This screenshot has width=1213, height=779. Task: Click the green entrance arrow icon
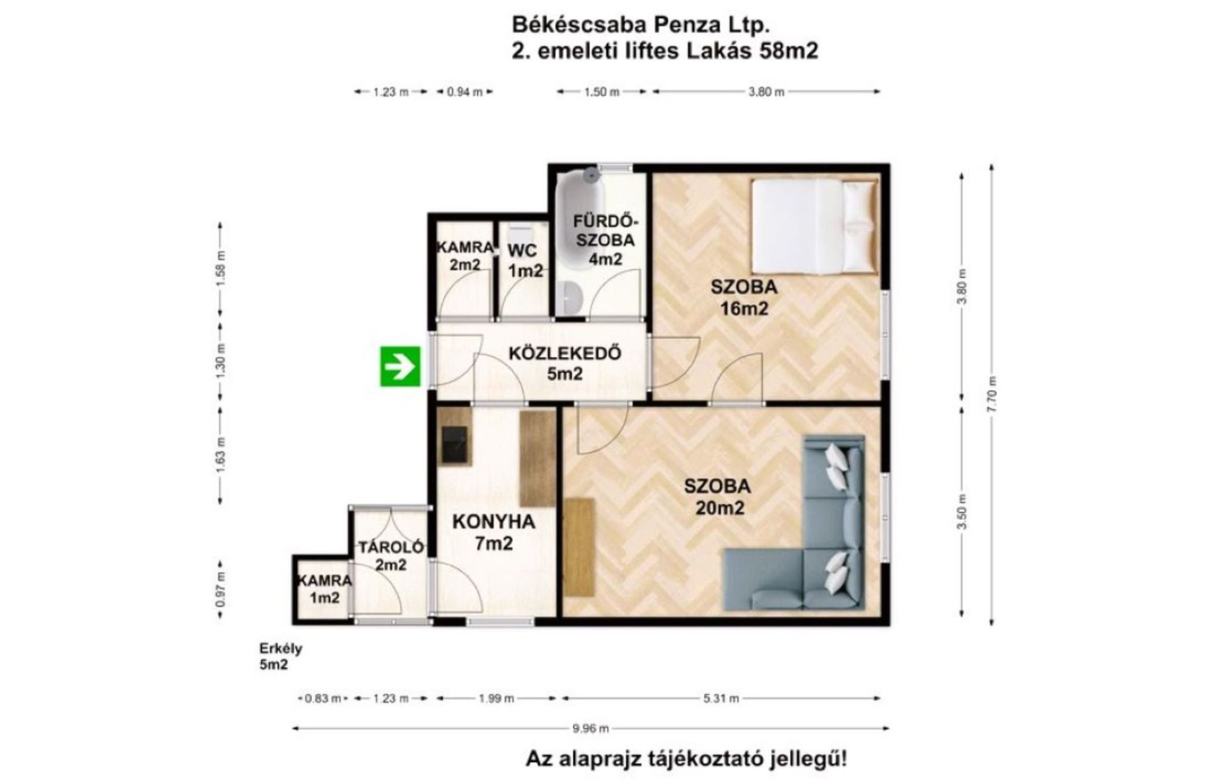point(400,366)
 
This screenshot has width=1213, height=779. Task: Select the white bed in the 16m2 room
point(815,226)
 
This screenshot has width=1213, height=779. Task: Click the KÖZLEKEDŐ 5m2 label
point(565,363)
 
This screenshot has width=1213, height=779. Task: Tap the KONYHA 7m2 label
point(494,532)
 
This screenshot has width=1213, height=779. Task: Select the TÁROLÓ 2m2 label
point(391,556)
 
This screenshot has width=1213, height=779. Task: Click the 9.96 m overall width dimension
point(591,728)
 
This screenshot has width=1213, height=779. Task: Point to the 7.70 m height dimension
point(992,394)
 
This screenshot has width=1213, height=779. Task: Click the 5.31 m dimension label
point(721,699)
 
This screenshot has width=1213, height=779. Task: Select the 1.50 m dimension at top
point(602,92)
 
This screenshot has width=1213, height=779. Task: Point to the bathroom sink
point(570,298)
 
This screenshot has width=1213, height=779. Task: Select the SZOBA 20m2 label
point(718,497)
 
